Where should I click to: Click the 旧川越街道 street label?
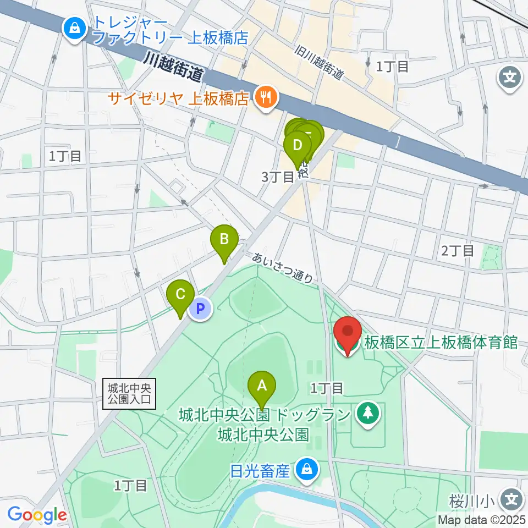319,62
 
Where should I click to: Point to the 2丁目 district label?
457,251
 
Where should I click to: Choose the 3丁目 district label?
278,177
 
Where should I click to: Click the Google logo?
37,515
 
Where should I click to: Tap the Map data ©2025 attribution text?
482,519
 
